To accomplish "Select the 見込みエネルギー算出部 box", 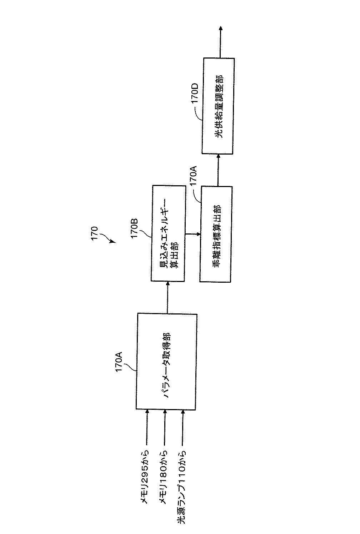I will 168,233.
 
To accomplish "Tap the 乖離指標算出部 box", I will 216,234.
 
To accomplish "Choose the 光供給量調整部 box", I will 218,106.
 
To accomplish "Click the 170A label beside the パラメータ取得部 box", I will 119,362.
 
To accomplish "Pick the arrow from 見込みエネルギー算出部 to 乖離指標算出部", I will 192,234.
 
